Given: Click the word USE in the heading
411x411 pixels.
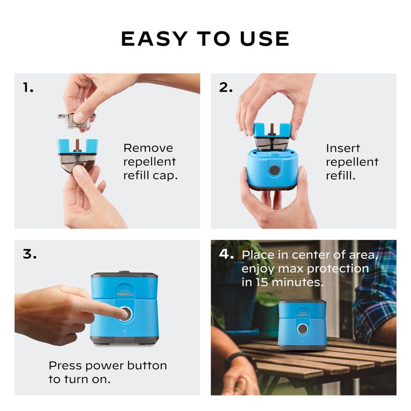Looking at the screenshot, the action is (265, 39).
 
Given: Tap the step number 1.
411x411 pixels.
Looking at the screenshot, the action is (28, 87).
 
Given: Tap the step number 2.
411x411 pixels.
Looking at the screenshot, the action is (226, 87).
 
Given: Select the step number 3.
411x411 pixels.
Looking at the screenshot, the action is (30, 254).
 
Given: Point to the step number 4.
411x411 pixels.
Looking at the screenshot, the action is (226, 254).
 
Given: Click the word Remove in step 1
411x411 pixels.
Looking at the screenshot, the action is (148, 148).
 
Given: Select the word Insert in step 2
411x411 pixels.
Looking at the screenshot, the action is (343, 148).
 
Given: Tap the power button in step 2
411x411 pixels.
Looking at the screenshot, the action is (274, 170).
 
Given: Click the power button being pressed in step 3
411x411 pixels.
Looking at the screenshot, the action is (126, 313).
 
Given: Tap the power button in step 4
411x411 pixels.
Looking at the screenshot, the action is (303, 329).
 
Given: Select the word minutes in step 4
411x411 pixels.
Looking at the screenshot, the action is (297, 282).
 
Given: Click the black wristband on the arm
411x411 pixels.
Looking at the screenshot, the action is (240, 358).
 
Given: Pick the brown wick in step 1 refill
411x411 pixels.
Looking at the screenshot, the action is (78, 145).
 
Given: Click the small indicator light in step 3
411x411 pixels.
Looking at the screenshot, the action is (124, 331).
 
